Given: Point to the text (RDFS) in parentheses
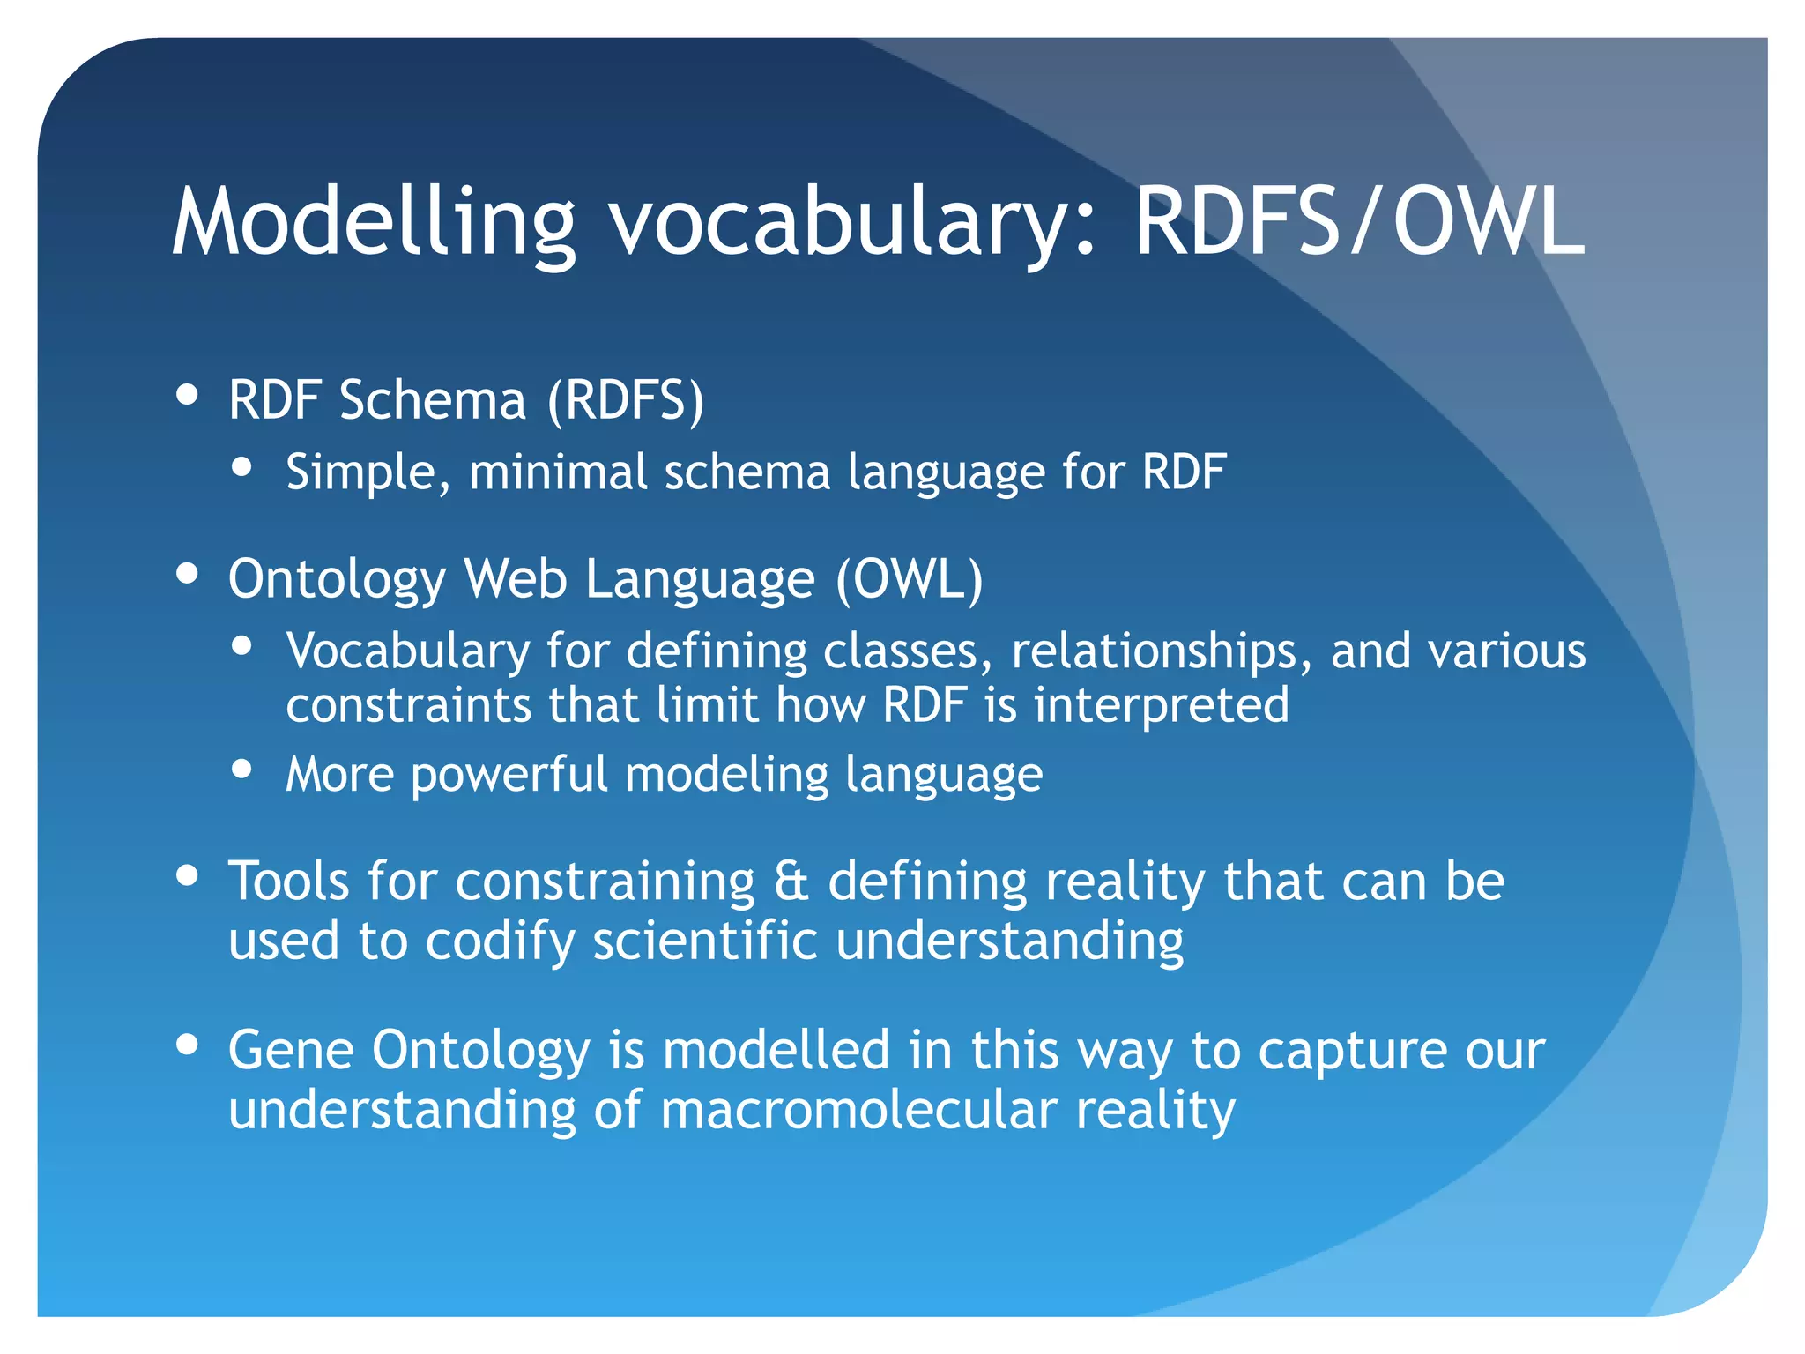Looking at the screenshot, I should point(626,401).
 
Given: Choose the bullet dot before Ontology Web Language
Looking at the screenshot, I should point(187,573).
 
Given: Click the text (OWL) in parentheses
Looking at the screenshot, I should point(909,580).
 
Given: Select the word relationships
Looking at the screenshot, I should point(1154,651).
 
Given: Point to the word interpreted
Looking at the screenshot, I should point(1161,705).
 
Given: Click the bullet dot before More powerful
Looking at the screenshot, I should point(241,769).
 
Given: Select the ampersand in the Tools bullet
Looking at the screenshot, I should point(791,882).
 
